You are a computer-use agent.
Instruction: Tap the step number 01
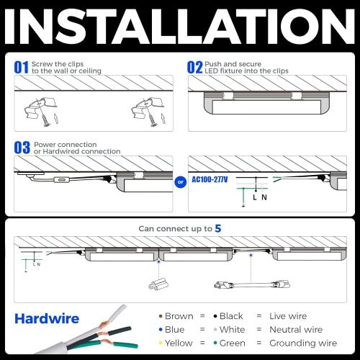[x=22, y=68]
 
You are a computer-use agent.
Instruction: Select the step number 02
[x=194, y=68]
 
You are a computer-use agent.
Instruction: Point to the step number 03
[x=22, y=148]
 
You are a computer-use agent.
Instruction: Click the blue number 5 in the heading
[x=217, y=228]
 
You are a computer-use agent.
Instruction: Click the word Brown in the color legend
[x=179, y=316]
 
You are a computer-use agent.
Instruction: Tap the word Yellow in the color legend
[x=179, y=343]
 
